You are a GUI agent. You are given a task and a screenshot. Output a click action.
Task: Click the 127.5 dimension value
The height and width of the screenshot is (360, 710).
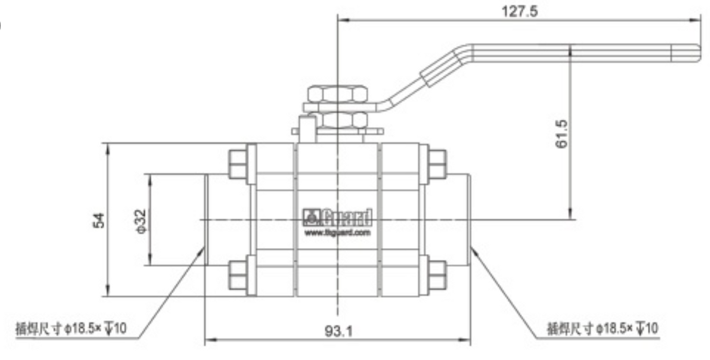pyautogui.click(x=519, y=11)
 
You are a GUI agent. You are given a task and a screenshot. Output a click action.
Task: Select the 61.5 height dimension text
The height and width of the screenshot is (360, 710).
pyautogui.click(x=561, y=134)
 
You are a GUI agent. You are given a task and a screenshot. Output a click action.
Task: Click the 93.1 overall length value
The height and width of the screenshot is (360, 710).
pyautogui.click(x=338, y=332)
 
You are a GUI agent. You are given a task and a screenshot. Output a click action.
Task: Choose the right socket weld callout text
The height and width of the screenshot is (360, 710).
pyautogui.click(x=601, y=328)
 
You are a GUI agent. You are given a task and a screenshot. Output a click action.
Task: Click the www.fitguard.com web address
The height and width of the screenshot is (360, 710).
pyautogui.click(x=338, y=233)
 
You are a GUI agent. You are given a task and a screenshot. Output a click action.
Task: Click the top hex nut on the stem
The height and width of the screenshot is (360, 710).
pyautogui.click(x=337, y=94)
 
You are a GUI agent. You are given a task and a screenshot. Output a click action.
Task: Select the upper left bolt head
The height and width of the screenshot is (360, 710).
pyautogui.click(x=237, y=164)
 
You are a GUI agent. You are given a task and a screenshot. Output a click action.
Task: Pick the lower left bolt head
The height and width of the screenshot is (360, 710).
pyautogui.click(x=237, y=275)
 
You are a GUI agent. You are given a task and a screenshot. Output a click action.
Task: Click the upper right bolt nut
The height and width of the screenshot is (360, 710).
pyautogui.click(x=437, y=164)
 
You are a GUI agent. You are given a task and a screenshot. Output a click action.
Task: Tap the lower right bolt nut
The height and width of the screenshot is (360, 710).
pyautogui.click(x=437, y=275)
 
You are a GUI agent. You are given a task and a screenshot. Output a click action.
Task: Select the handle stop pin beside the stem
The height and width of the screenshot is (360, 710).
pyautogui.click(x=308, y=129)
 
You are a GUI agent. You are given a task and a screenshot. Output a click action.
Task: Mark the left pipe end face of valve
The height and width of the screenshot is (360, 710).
pyautogui.click(x=206, y=220)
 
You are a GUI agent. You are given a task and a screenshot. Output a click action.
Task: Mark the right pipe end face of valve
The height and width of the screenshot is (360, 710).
pyautogui.click(x=470, y=220)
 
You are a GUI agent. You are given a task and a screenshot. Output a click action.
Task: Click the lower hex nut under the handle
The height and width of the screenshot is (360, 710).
pyautogui.click(x=337, y=120)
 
